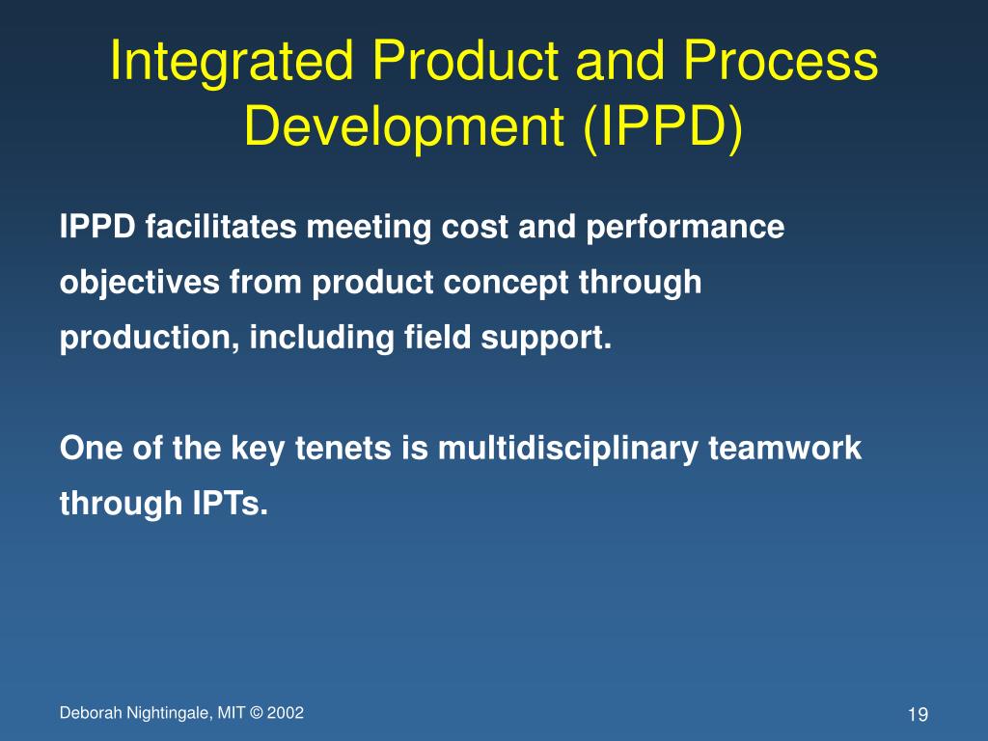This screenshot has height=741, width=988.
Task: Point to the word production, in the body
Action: pos(151,340)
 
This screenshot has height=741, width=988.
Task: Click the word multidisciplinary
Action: pos(569,449)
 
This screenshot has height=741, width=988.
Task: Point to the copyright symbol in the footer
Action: pos(256,713)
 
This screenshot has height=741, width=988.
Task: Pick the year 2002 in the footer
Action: pos(286,713)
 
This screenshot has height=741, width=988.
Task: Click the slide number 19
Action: pos(918,715)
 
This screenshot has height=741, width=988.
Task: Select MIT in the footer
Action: pos(231,713)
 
